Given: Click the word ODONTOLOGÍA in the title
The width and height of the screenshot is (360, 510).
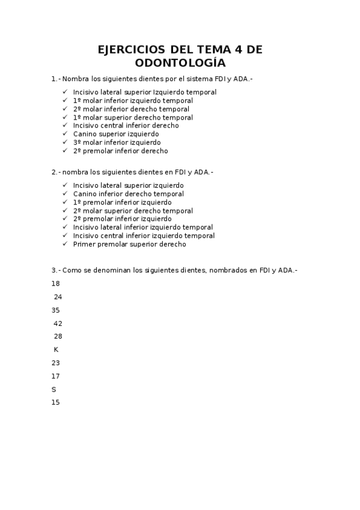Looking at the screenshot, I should click(x=180, y=63).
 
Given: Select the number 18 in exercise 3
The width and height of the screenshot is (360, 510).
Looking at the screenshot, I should click(x=56, y=284).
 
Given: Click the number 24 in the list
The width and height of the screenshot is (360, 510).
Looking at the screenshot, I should click(x=58, y=297).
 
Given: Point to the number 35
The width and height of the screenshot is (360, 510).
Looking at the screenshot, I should click(x=56, y=310).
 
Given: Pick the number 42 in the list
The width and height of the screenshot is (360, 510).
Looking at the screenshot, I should click(x=58, y=324).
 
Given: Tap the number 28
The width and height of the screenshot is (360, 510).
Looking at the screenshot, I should click(x=58, y=337).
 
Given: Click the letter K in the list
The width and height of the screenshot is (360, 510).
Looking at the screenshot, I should click(x=56, y=350).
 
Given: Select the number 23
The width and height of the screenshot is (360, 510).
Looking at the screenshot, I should click(x=56, y=363).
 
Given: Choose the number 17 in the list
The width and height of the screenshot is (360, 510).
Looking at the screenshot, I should click(x=56, y=376).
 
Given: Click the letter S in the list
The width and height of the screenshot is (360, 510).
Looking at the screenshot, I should click(x=54, y=390).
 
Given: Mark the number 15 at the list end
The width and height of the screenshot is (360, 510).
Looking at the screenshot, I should click(x=56, y=403).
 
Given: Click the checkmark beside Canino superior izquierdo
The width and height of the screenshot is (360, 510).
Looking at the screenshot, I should click(x=65, y=134).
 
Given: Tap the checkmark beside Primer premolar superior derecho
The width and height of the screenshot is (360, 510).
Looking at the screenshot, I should click(x=65, y=244).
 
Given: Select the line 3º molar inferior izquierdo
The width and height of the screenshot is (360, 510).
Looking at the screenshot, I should click(x=117, y=143).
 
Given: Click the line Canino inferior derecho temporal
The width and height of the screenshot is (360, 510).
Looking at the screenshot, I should click(x=128, y=194).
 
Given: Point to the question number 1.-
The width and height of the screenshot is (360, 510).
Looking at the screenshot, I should click(x=56, y=79).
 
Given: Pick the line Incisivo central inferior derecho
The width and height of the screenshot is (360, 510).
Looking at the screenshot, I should click(x=126, y=126).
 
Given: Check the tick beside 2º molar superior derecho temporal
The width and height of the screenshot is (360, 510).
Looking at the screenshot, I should click(x=65, y=210).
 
